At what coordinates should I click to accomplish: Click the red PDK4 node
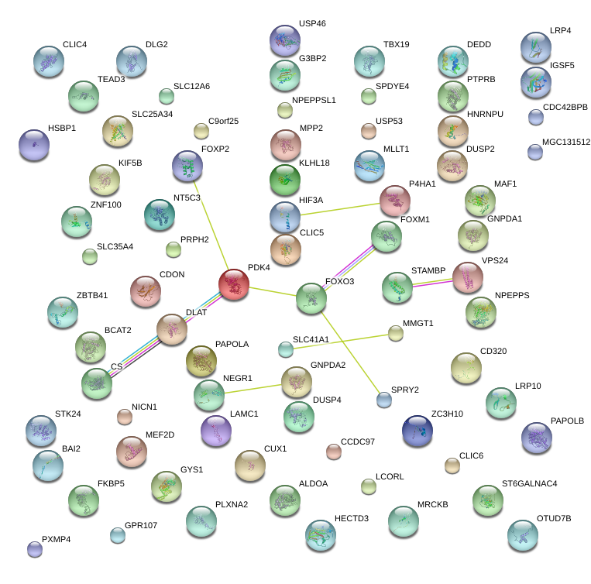click(x=234, y=285)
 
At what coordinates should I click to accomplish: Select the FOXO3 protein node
click(x=311, y=298)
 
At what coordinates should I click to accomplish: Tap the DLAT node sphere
click(x=172, y=329)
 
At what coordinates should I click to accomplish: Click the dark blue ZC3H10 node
click(x=417, y=430)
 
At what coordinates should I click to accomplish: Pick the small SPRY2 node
click(x=383, y=400)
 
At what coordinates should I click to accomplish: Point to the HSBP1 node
click(x=33, y=144)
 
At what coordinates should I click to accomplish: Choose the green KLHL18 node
click(x=285, y=179)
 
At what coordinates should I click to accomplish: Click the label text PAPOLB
click(x=568, y=421)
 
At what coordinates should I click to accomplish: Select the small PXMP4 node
click(x=34, y=549)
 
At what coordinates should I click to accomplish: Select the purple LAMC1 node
click(x=215, y=431)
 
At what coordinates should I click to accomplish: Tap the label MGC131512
click(x=566, y=143)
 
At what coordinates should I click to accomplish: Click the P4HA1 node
click(x=395, y=201)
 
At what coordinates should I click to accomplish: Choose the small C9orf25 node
click(x=201, y=130)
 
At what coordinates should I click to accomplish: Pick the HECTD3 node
click(x=320, y=534)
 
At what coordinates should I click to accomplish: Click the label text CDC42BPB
click(x=565, y=107)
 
